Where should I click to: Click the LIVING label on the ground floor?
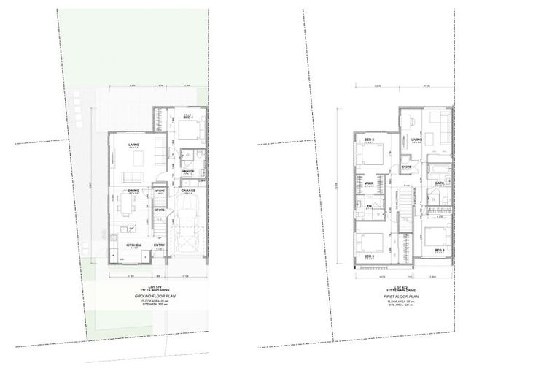[x=133, y=145]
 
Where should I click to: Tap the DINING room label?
[x=133, y=190]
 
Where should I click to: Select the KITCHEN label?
[x=133, y=245]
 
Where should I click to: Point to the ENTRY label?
[x=159, y=245]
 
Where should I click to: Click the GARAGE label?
[x=188, y=190]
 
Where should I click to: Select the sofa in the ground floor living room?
[x=132, y=177]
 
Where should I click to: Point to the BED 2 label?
[x=369, y=140]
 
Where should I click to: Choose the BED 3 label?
[x=369, y=257]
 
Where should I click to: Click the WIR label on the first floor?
[x=369, y=183]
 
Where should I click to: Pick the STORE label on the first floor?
[x=406, y=167]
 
